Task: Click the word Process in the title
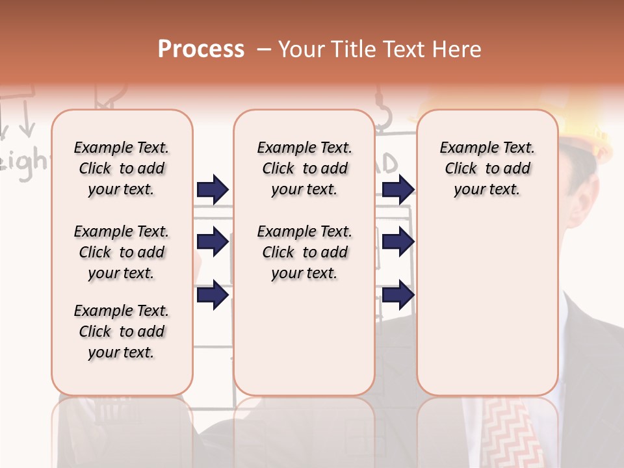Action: tap(201, 49)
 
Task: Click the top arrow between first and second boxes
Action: tap(213, 189)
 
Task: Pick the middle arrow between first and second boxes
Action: tap(213, 242)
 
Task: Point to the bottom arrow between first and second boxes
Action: tap(213, 294)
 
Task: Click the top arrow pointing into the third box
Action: tap(398, 189)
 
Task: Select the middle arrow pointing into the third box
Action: tap(398, 242)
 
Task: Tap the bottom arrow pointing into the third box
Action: tap(398, 294)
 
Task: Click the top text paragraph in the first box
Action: tap(122, 168)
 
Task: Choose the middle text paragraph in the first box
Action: tap(122, 252)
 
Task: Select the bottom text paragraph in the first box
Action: tap(122, 331)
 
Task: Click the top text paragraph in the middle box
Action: tap(304, 168)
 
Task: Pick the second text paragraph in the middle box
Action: tap(304, 252)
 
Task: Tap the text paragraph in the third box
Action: tap(487, 168)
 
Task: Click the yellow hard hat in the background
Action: tap(585, 130)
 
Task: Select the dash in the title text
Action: tap(263, 49)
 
